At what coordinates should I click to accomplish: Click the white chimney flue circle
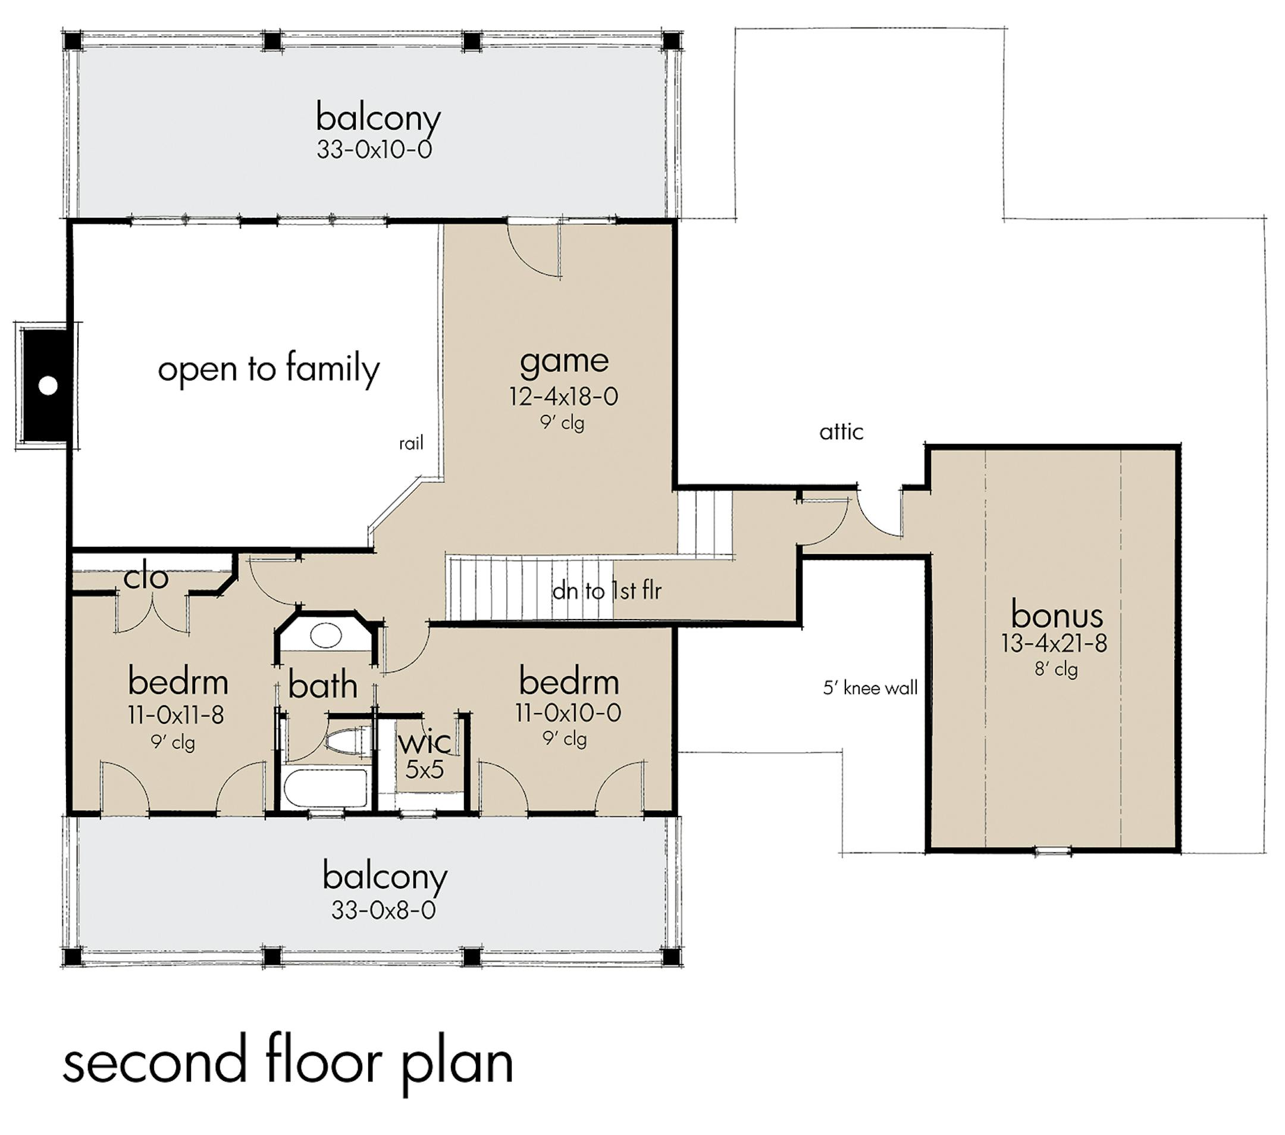[48, 386]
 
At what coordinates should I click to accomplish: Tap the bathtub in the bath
[325, 787]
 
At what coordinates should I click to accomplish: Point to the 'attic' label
[841, 432]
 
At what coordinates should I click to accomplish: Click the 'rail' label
[411, 443]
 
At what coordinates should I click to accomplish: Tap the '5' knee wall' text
[870, 688]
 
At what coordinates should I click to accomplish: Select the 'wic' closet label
[424, 742]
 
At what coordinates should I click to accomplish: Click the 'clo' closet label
[146, 577]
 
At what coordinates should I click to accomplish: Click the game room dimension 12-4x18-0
[563, 396]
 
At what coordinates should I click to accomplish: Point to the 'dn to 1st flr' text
[607, 590]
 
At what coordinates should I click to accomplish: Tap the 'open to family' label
[268, 370]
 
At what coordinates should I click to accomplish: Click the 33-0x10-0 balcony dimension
[374, 149]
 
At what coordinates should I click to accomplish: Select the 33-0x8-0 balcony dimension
[384, 910]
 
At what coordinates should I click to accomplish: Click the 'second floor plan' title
[288, 1064]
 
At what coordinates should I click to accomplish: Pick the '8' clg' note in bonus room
[1056, 670]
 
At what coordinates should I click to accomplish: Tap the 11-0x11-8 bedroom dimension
[176, 715]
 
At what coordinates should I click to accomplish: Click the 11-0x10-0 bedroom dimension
[568, 712]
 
